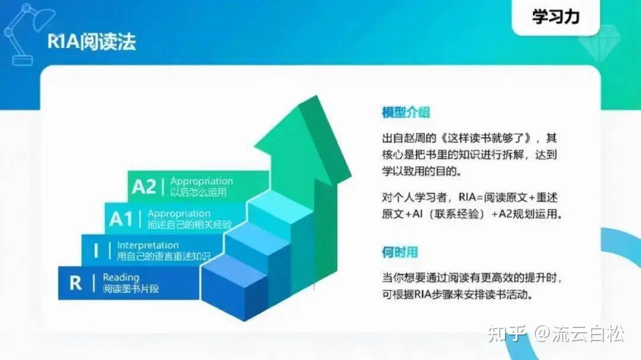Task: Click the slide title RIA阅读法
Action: [91, 42]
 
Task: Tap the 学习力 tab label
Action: [556, 17]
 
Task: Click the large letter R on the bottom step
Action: [75, 283]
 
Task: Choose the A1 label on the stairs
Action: [121, 219]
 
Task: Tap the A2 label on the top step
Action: [144, 187]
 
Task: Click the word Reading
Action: [120, 277]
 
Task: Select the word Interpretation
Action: [148, 245]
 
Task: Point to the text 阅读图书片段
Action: [131, 289]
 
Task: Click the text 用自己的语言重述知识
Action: [163, 257]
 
